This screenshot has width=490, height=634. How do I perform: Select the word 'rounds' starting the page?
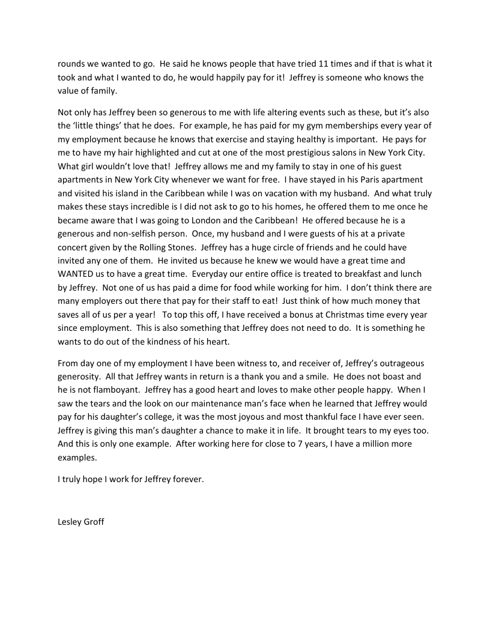click(72, 64)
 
